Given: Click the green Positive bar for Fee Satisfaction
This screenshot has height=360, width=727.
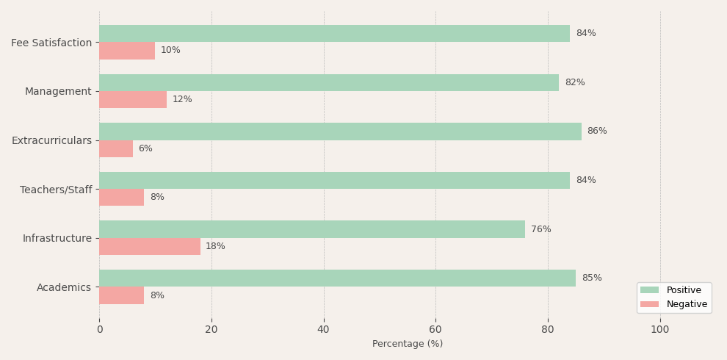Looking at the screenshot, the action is (334, 33).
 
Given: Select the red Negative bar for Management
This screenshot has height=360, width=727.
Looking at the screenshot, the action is (133, 100).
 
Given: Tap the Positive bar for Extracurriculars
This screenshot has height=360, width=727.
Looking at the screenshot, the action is (340, 132).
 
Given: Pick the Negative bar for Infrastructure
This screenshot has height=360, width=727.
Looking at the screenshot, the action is (150, 246).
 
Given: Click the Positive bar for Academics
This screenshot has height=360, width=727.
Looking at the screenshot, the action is (338, 278).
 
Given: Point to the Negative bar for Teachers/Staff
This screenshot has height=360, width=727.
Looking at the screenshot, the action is (121, 197).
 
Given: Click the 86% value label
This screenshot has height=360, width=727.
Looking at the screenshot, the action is (597, 131).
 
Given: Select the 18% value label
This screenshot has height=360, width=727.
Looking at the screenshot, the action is (216, 246).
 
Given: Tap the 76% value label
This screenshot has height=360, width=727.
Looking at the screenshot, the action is (541, 229).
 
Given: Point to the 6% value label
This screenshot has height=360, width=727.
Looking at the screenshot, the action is (145, 148).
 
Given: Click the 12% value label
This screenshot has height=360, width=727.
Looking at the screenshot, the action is (182, 99).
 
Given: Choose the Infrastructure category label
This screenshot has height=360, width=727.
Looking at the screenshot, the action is (57, 239).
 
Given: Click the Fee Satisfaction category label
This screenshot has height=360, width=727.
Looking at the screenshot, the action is (51, 43).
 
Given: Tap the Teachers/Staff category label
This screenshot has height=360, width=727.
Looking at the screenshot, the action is (56, 190).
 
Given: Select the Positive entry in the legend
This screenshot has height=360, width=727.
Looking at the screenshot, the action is (684, 290).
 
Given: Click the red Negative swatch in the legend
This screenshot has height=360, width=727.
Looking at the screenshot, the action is (650, 304).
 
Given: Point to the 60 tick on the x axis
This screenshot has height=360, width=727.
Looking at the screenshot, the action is (435, 330).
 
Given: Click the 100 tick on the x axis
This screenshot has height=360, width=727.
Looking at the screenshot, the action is (660, 330).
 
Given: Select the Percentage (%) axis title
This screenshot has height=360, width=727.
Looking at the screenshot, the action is (408, 344).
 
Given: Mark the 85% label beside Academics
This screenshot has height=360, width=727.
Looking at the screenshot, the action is (592, 278).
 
